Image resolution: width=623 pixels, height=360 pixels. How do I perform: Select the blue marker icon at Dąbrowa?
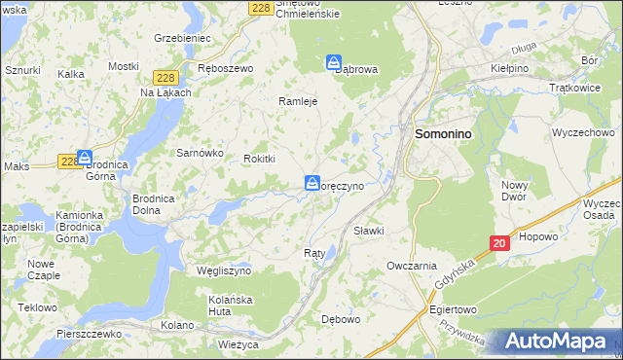[x=333, y=61]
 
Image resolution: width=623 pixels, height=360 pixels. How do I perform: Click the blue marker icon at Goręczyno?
[x=312, y=182]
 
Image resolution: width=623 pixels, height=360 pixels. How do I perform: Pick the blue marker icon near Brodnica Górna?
[x=85, y=157]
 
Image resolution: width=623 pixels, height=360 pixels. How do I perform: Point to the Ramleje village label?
[x=299, y=101]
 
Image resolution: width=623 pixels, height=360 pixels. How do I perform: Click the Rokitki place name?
[x=260, y=159]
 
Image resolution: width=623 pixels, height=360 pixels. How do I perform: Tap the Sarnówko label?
[x=200, y=154]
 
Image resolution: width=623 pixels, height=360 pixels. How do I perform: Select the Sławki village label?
[x=369, y=231]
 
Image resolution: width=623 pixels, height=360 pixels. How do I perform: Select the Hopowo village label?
[x=538, y=236]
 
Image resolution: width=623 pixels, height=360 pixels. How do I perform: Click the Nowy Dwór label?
[x=515, y=190]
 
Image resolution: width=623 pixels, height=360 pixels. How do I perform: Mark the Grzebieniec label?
[x=182, y=38]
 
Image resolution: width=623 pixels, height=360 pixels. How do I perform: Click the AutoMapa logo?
[x=558, y=342]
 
